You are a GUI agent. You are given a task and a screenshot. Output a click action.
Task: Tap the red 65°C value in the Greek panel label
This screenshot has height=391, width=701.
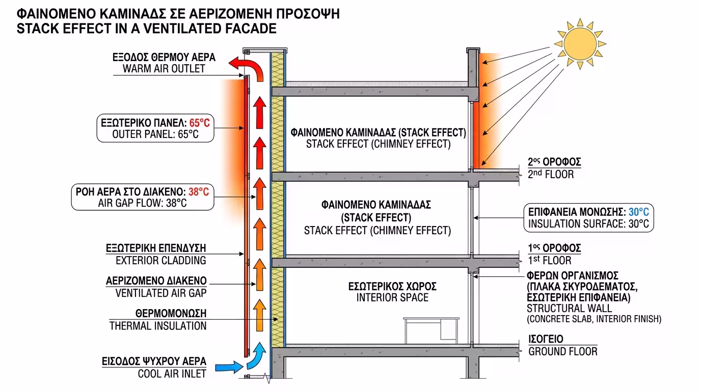pos(199,123)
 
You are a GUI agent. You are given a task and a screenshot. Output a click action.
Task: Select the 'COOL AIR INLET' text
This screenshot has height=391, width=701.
pos(172,374)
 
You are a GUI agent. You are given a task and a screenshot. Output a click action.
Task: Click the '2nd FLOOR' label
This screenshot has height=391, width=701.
pos(551,174)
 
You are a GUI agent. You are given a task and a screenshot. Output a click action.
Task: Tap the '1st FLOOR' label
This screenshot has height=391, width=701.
pos(550,261)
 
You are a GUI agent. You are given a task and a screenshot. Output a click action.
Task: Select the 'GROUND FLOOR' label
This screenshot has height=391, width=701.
pos(562,351)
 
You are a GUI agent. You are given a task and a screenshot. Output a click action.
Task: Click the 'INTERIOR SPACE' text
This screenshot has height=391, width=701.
pos(392,297)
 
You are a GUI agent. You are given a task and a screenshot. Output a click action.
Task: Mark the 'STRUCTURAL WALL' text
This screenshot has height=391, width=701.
pos(569,308)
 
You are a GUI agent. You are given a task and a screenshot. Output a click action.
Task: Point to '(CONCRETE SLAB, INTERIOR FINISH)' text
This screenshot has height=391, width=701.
pos(594,319)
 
